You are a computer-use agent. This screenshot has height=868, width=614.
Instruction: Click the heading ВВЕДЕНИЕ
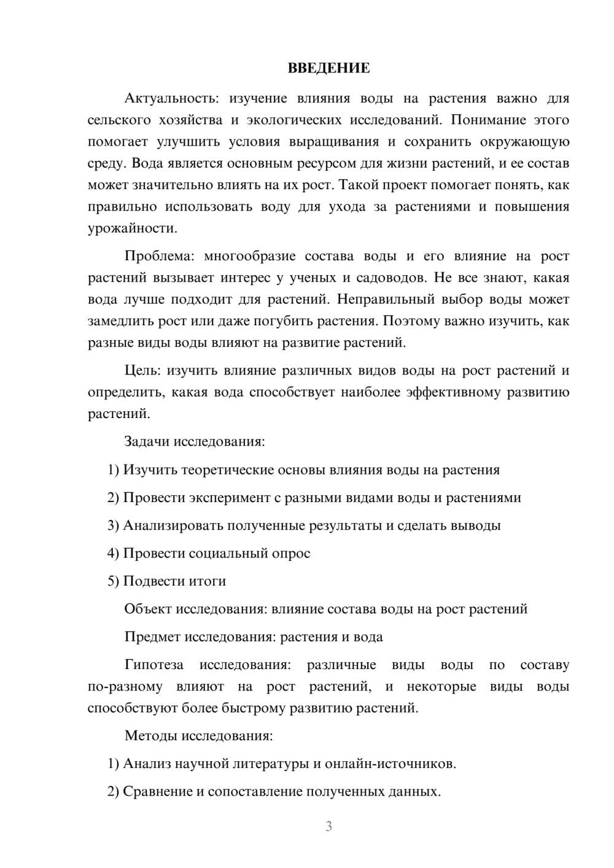tap(328, 68)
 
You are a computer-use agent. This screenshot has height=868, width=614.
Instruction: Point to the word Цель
tap(142, 370)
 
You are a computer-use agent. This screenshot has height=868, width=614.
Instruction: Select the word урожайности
tap(132, 228)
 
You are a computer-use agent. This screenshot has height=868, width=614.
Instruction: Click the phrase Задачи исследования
tap(194, 441)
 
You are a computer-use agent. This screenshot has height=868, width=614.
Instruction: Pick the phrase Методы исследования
tap(198, 735)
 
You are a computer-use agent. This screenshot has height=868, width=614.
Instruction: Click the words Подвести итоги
tap(174, 581)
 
